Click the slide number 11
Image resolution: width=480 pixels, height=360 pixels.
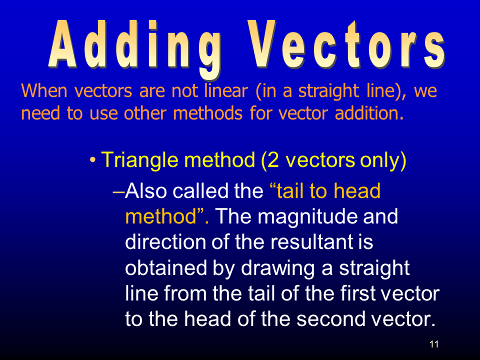tap(434, 344)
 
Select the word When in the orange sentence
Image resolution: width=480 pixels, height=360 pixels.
tap(44, 90)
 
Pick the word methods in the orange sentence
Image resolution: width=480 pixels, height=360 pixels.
tap(208, 113)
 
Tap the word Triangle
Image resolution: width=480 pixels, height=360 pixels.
tap(139, 160)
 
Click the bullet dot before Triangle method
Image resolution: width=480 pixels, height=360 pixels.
tap(92, 160)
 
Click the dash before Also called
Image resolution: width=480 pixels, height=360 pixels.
tap(118, 192)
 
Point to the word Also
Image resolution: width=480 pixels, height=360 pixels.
tap(146, 190)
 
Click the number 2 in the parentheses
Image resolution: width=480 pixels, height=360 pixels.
tap(273, 160)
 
